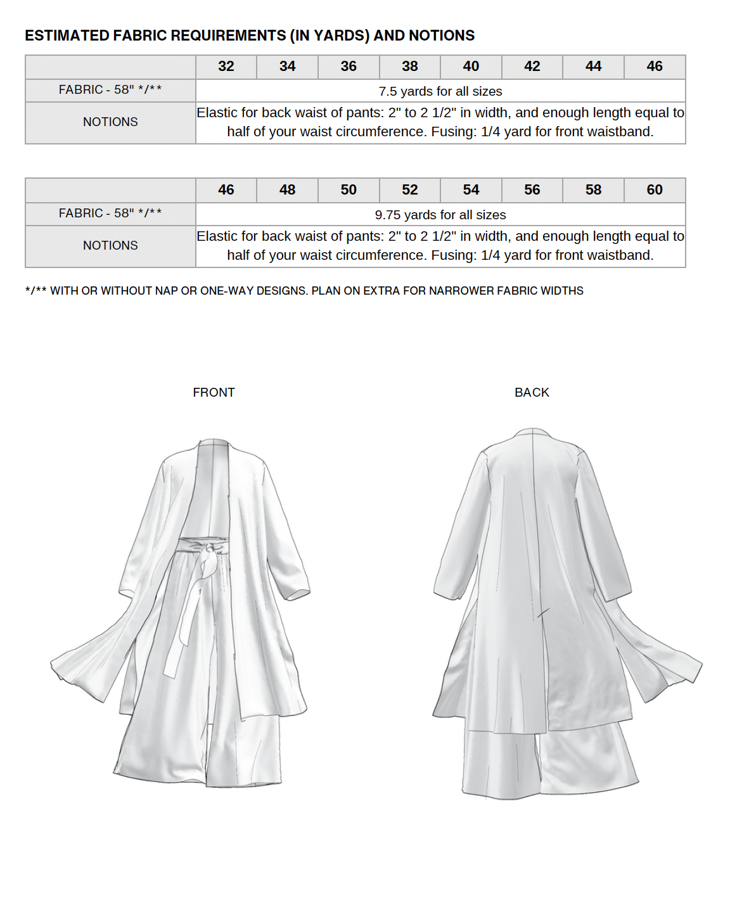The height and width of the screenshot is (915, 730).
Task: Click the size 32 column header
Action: pos(226,67)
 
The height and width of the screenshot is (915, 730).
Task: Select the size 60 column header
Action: pos(655,190)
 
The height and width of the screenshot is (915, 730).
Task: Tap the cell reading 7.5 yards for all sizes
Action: pos(440,91)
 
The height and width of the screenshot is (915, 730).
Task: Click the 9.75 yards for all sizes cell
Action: pos(440,215)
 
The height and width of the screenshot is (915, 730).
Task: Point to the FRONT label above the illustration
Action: pos(214,393)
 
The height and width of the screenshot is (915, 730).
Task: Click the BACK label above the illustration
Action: pos(532,393)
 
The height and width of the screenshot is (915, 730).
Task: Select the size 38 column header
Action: pos(410,67)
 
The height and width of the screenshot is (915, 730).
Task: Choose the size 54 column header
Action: pos(471,190)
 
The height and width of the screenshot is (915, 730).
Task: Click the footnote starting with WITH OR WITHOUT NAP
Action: pos(304,291)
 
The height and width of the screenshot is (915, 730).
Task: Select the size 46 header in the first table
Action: pos(655,67)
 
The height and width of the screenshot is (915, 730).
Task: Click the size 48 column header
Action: pos(287,190)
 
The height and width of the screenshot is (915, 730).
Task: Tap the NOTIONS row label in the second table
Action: pos(110,246)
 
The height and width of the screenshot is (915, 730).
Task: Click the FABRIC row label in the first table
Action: pos(110,90)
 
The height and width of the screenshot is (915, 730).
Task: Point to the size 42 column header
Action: pos(532,67)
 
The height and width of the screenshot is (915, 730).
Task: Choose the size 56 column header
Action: pos(532,190)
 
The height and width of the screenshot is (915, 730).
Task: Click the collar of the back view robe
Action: pos(532,433)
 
